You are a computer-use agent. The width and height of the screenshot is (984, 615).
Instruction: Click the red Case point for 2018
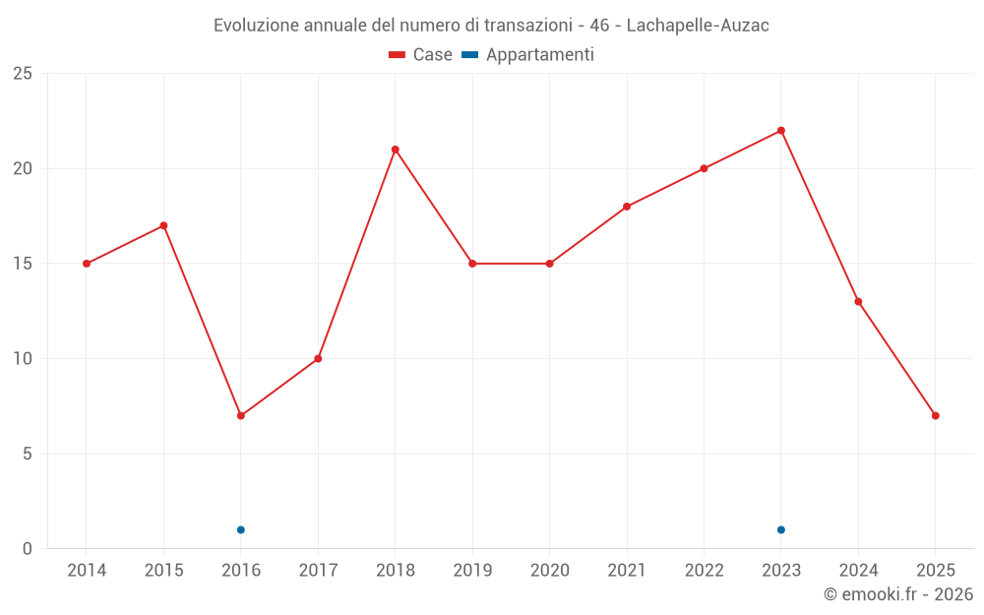395,150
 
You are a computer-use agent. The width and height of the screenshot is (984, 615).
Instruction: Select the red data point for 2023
781,131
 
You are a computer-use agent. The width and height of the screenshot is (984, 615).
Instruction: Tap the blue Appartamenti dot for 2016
240,529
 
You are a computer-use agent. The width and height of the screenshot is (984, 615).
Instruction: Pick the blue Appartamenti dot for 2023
781,529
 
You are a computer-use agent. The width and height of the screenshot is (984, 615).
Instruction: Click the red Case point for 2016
240,415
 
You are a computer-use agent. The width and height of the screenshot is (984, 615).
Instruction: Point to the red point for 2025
935,415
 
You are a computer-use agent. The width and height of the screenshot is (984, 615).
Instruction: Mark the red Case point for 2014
87,264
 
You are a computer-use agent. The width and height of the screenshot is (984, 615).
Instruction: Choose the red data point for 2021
627,207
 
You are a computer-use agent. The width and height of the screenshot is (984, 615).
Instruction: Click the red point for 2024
858,301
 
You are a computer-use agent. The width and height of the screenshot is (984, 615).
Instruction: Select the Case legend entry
421,55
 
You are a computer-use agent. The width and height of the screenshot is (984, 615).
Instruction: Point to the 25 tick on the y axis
23,74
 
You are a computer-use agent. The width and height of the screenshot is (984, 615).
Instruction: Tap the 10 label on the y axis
23,359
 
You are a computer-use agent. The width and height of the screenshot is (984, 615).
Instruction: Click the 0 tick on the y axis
28,549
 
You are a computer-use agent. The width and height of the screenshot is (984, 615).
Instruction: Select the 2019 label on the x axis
472,570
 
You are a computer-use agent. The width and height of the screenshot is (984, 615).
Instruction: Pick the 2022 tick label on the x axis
704,570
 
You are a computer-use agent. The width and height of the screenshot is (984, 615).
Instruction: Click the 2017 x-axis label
318,570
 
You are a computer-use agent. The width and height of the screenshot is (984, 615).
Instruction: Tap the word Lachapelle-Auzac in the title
699,26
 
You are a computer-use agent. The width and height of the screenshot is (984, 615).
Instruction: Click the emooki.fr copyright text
897,594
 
